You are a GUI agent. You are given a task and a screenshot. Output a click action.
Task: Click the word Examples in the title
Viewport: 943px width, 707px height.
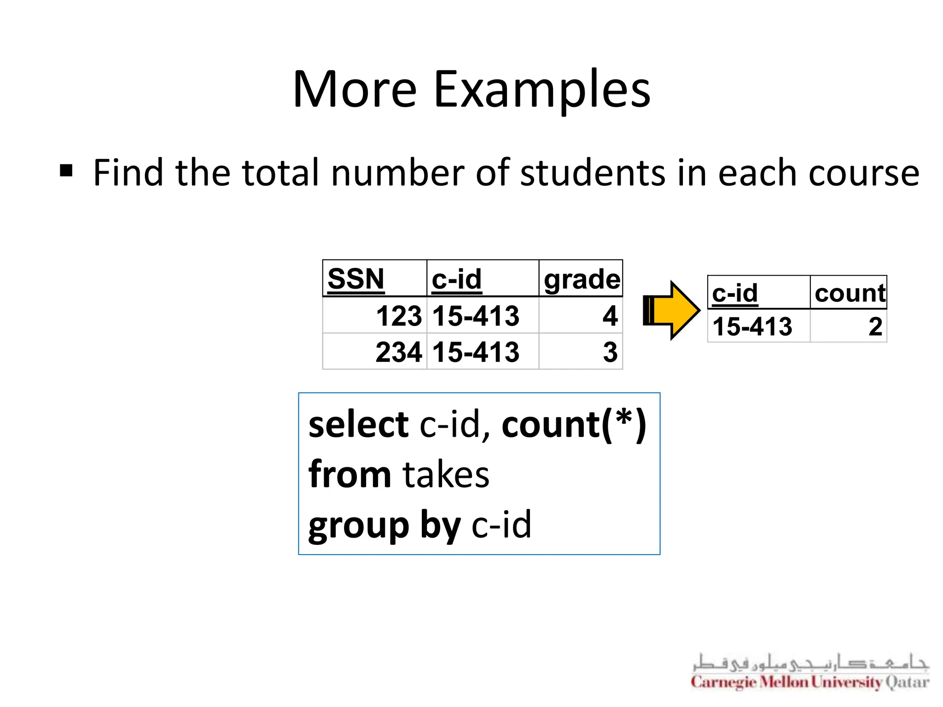(542, 90)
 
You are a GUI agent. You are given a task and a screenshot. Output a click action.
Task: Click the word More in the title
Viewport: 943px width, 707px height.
(355, 90)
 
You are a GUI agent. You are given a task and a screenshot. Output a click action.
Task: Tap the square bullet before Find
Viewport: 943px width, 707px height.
(66, 171)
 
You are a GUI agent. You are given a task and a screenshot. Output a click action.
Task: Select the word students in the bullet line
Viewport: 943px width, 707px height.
(593, 173)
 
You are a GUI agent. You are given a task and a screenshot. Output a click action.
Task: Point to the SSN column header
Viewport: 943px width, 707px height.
(355, 279)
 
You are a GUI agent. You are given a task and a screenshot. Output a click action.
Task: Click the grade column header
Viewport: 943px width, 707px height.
(582, 279)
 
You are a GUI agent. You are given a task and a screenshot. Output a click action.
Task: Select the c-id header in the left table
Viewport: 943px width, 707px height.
(456, 279)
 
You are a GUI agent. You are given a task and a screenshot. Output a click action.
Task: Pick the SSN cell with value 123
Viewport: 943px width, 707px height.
(398, 316)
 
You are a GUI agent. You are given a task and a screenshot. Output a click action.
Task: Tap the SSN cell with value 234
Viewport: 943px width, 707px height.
(398, 352)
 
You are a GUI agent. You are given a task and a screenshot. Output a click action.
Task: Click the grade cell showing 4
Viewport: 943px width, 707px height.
(610, 316)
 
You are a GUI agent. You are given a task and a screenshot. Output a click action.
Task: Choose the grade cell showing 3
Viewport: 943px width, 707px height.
(610, 352)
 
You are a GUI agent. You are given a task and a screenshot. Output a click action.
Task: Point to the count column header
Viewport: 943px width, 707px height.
(850, 293)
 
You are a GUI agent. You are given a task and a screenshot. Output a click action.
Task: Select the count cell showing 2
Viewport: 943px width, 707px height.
(875, 326)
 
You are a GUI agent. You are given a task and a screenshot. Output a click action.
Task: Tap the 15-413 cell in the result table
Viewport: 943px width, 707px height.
(752, 326)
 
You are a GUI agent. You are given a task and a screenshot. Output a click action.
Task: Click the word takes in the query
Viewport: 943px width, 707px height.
(446, 475)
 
